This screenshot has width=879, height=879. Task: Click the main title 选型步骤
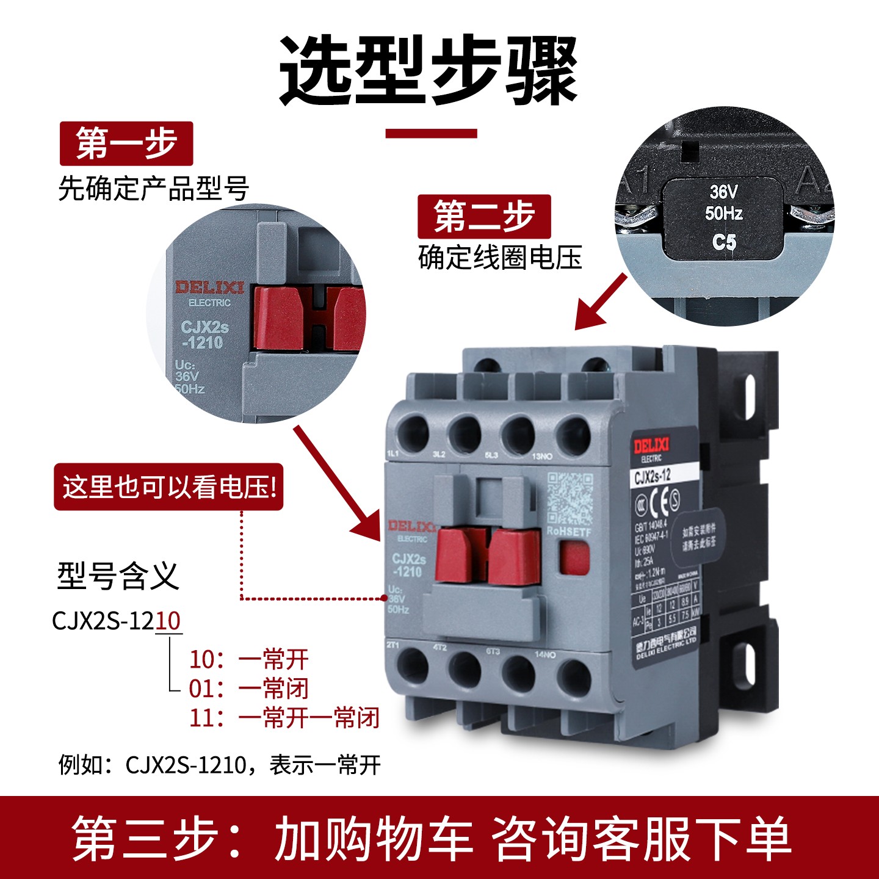click(429, 70)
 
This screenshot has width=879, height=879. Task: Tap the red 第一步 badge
click(126, 144)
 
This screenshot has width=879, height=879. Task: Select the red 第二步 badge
click(484, 217)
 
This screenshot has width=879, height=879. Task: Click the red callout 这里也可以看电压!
click(169, 487)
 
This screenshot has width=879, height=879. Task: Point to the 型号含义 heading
click(118, 576)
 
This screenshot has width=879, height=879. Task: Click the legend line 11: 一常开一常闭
click(284, 718)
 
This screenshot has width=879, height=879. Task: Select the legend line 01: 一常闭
click(249, 689)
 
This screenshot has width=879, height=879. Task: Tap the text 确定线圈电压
click(500, 257)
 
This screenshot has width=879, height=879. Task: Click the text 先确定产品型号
click(154, 189)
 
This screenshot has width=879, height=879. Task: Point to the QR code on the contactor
click(569, 498)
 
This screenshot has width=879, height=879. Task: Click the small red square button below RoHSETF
click(574, 559)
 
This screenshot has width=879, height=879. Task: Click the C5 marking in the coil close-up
click(724, 242)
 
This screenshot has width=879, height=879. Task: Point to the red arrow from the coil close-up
click(601, 301)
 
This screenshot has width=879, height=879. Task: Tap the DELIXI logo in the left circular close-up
click(209, 288)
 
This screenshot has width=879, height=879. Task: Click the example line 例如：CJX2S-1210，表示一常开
click(220, 764)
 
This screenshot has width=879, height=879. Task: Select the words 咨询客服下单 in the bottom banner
click(641, 839)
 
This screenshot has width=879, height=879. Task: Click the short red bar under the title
click(431, 133)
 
